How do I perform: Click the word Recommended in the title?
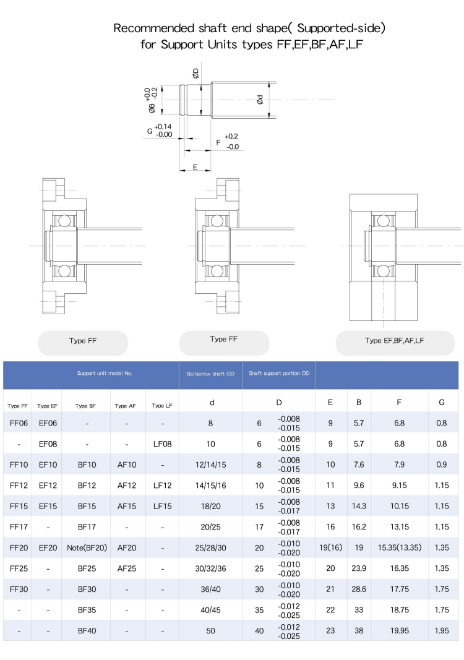tap(154, 28)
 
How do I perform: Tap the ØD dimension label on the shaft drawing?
tap(195, 74)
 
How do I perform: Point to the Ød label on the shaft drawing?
tap(260, 100)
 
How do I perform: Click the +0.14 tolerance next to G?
tap(163, 126)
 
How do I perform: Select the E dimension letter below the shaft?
tap(195, 167)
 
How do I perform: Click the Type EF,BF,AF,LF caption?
tap(395, 341)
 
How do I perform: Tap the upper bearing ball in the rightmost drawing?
tap(383, 221)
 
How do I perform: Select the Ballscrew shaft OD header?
tap(210, 374)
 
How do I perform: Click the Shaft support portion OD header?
tap(279, 374)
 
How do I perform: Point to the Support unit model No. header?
tap(105, 374)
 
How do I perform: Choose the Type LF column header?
tap(162, 406)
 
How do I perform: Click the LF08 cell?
tap(163, 444)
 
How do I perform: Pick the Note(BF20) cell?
tap(87, 548)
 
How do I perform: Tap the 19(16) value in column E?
tap(330, 547)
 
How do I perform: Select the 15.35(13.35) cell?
tap(400, 547)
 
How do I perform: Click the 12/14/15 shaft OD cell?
tap(210, 465)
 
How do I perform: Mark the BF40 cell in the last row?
tap(87, 631)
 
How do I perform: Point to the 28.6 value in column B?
tap(359, 589)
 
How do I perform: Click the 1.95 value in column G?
tap(442, 631)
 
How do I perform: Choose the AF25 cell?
tap(127, 568)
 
